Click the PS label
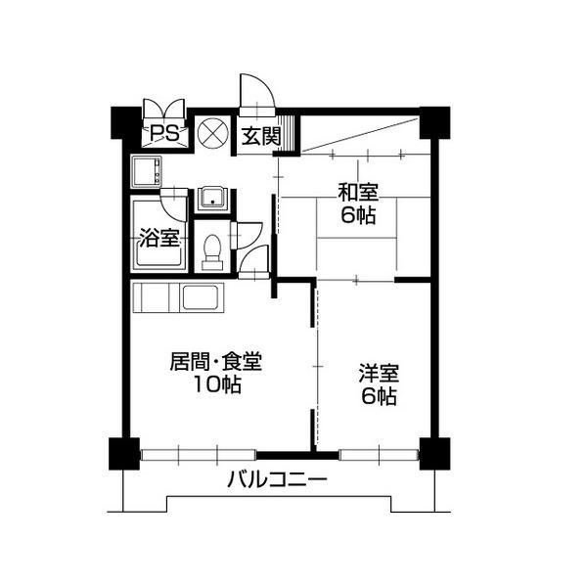pos(164,133)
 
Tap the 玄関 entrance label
pos(261,136)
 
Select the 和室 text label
pos(358,192)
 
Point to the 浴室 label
pos(159,238)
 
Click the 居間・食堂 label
pos(216,362)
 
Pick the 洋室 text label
pos(379,374)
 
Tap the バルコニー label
pos(278,479)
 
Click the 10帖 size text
pos(217,384)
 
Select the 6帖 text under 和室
pos(358,215)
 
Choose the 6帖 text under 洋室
pos(379,396)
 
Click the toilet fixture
pos(212,252)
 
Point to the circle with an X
pos(212,133)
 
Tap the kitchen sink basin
pos(200,297)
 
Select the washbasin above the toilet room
pos(212,198)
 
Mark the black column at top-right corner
pos(434,123)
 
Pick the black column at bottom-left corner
pos(124,453)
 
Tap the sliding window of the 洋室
pos(379,455)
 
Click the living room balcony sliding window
pos(199,455)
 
